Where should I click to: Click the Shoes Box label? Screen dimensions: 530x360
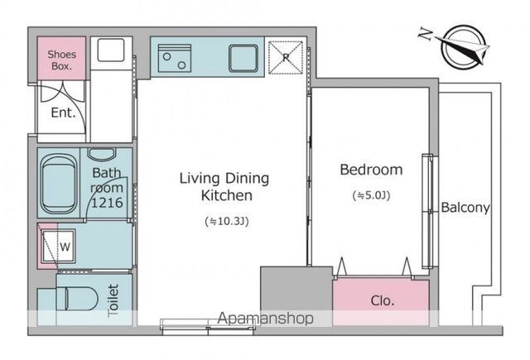(61, 60)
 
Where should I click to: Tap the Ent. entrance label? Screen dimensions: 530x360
(63, 113)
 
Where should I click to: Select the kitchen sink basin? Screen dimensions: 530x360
(243, 58)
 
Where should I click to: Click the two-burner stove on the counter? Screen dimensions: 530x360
(175, 58)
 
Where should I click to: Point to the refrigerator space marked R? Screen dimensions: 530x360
(286, 57)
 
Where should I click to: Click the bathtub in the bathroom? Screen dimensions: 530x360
(59, 184)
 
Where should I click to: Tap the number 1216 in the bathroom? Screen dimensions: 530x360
(107, 202)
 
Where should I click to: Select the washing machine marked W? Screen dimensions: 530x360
(59, 246)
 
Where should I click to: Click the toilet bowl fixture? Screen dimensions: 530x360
(76, 299)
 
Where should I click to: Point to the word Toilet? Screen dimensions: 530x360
(113, 300)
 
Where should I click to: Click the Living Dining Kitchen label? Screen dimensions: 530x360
(224, 186)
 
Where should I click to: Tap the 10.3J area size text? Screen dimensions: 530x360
(227, 222)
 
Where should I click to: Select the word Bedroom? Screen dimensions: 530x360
(371, 169)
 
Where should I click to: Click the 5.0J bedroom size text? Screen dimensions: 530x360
(371, 195)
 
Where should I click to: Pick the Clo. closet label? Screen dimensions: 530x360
(383, 300)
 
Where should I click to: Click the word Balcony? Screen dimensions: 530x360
(465, 207)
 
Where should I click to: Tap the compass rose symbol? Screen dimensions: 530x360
(464, 47)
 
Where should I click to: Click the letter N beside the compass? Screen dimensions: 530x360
(426, 34)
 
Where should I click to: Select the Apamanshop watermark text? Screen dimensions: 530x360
(265, 319)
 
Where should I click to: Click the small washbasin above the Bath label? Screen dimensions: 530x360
(102, 153)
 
